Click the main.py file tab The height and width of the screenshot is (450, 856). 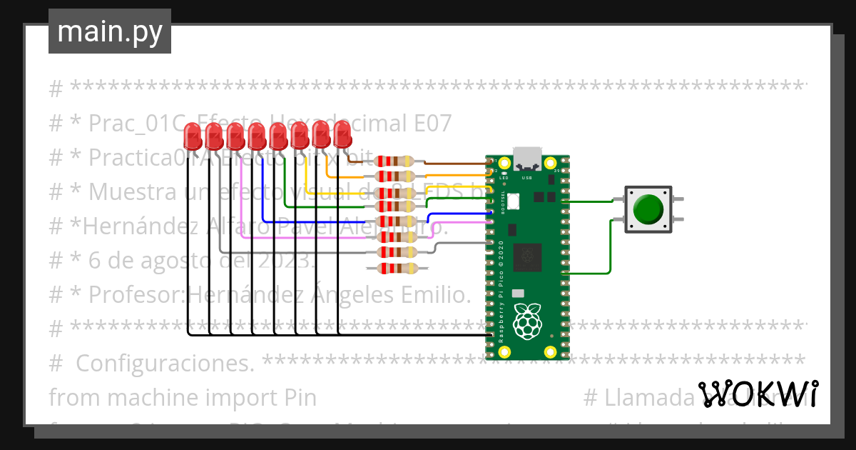point(109,31)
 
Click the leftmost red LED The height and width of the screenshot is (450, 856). point(192,134)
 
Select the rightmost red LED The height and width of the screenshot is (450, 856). point(342,134)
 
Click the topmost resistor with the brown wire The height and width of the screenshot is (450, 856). point(394,161)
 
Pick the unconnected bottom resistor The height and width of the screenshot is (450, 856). point(394,268)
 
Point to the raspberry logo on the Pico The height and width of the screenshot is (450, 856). point(528,321)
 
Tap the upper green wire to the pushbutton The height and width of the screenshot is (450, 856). point(588,202)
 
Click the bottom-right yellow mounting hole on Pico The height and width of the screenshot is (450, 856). point(549,351)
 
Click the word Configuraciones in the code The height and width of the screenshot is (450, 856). point(165,364)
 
